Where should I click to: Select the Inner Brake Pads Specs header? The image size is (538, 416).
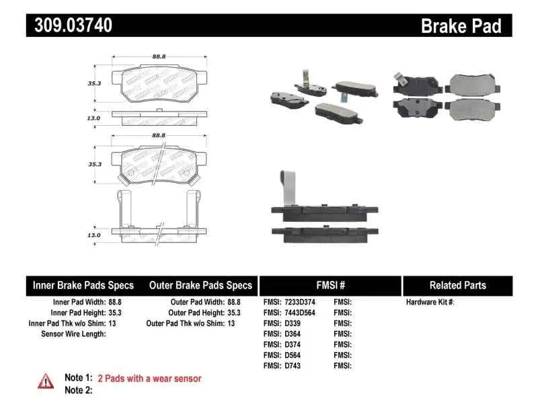[x=83, y=285]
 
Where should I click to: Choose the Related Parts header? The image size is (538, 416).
[x=458, y=285]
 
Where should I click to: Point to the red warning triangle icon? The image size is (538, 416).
[x=46, y=381]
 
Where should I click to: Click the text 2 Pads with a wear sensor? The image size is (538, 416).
[x=149, y=378]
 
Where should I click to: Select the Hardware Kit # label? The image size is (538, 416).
[x=430, y=302]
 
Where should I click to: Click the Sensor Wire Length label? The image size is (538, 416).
[x=73, y=334]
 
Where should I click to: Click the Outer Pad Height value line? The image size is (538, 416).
[x=202, y=313]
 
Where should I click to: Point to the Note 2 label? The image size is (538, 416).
[x=78, y=390]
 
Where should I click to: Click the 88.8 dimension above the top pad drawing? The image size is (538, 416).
[x=159, y=58]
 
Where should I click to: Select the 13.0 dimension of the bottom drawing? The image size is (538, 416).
[x=93, y=235]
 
